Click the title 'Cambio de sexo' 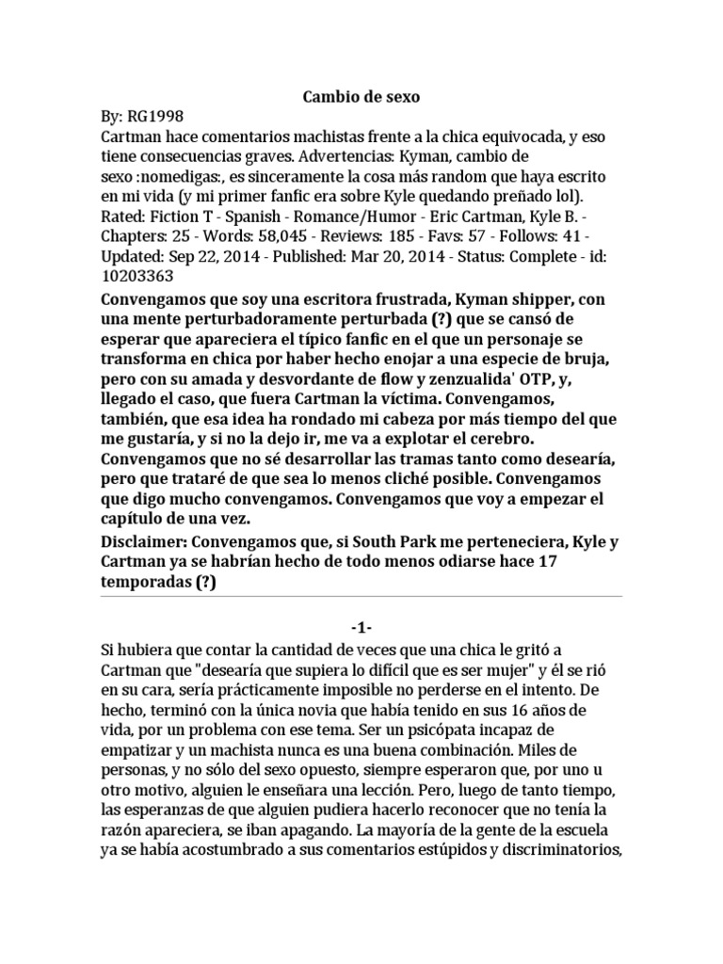(361, 97)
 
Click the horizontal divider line (361, 597)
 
